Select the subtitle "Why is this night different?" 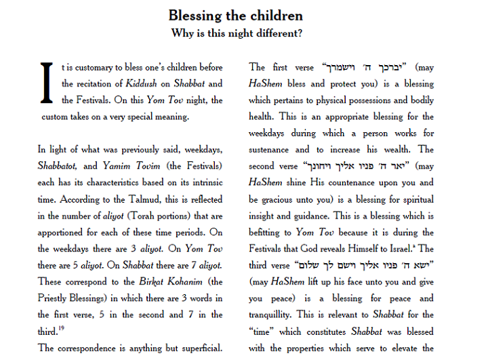pos(235,33)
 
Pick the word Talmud pos(159,199)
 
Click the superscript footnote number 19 pos(62,329)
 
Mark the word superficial pos(198,348)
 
